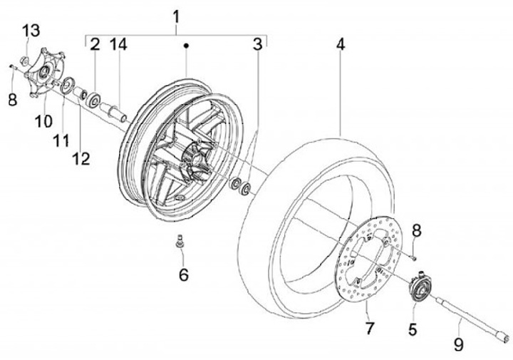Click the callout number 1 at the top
point(177,15)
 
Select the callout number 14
point(118,46)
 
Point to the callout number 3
point(257,46)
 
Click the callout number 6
point(184,274)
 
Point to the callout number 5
point(412,329)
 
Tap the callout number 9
point(458,345)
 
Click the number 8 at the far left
point(12,99)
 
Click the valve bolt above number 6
point(178,242)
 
